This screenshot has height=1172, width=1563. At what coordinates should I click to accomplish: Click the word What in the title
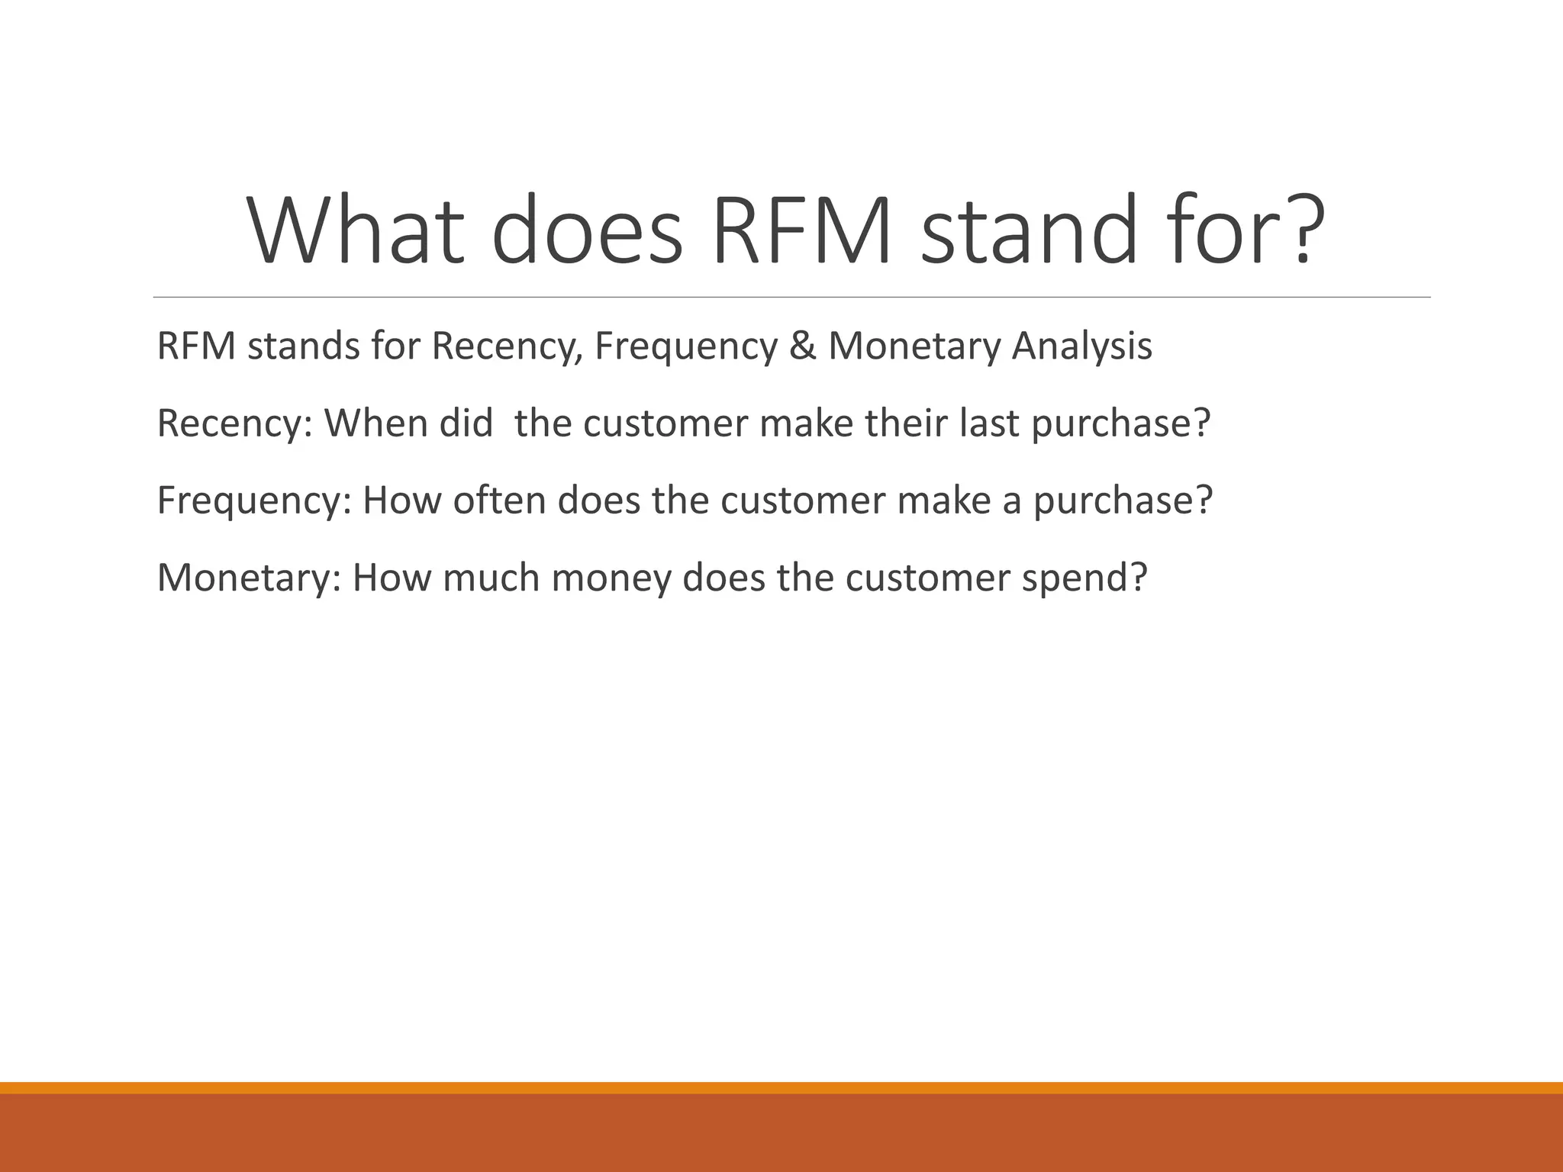coord(356,230)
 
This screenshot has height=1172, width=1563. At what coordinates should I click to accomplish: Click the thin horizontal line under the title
coord(791,297)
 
